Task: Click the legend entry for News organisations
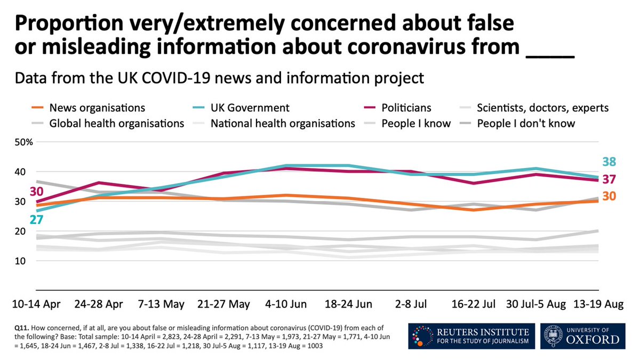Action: [x=97, y=108]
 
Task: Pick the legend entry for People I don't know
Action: [x=526, y=124]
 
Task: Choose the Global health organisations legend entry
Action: [x=116, y=124]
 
